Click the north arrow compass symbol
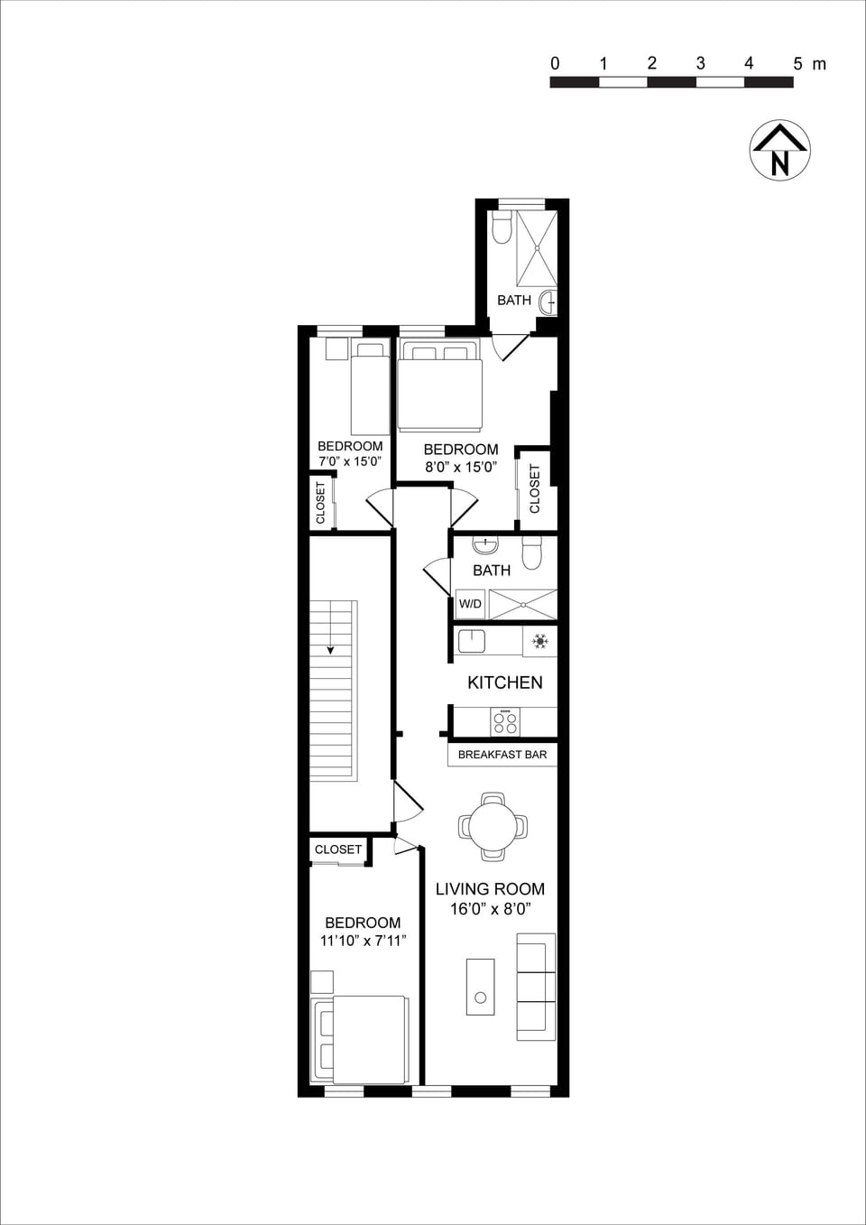point(779,150)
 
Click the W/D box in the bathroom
point(470,604)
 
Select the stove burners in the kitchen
point(505,721)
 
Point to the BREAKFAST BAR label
point(502,755)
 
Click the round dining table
point(493,826)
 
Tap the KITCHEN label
point(504,682)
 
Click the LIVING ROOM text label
point(490,889)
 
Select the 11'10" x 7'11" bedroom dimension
point(363,941)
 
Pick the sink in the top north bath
point(548,301)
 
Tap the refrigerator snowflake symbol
point(539,642)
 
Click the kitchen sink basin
point(472,641)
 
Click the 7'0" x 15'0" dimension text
point(350,461)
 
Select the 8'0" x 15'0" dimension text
point(461,468)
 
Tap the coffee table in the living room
point(480,987)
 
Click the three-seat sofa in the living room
point(536,986)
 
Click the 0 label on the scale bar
point(555,64)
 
